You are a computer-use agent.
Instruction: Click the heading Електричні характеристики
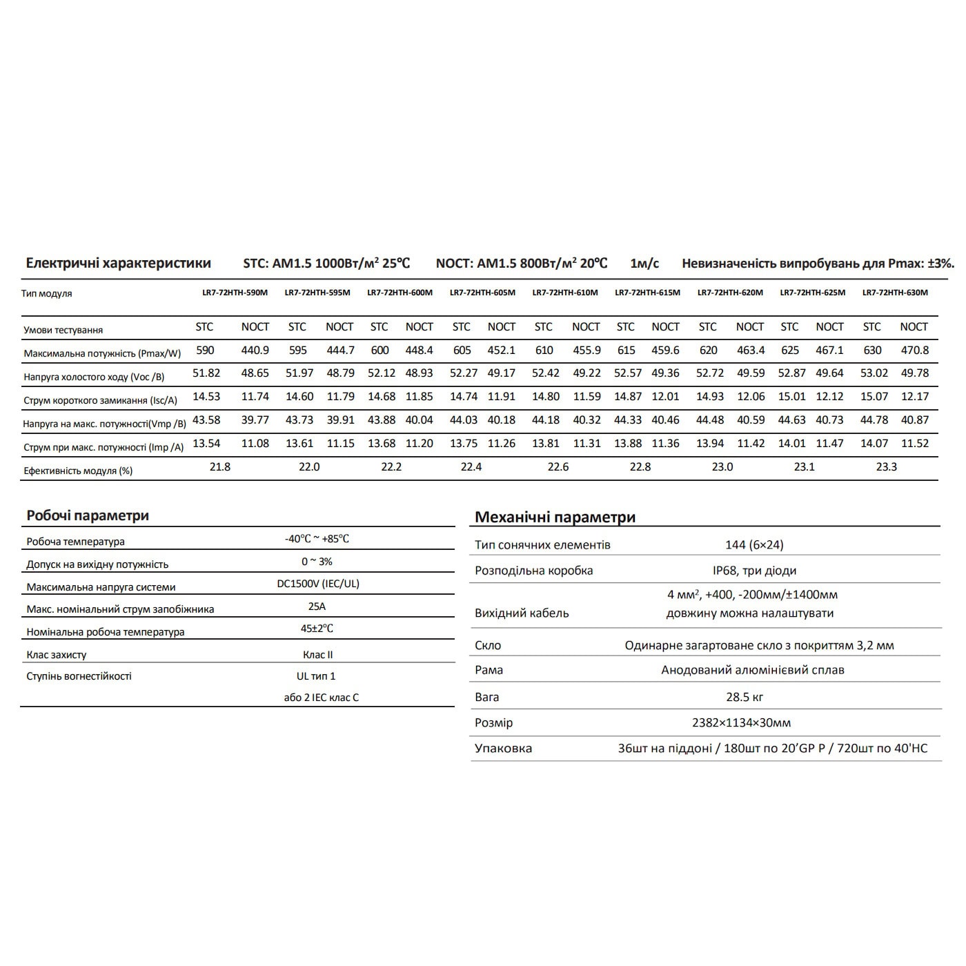pyautogui.click(x=118, y=263)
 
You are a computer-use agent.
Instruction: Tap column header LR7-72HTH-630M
pyautogui.click(x=895, y=293)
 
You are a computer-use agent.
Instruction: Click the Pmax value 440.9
pyautogui.click(x=255, y=350)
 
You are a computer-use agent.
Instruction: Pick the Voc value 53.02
pyautogui.click(x=873, y=373)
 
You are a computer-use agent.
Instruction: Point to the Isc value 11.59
pyautogui.click(x=586, y=397)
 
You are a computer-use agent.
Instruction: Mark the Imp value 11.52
pyautogui.click(x=914, y=443)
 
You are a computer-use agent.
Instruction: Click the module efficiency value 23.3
pyautogui.click(x=886, y=466)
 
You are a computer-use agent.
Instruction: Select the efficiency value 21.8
pyautogui.click(x=220, y=466)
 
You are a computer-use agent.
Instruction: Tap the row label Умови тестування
pyautogui.click(x=63, y=330)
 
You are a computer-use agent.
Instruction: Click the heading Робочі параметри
pyautogui.click(x=88, y=515)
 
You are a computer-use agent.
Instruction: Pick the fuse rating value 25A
pyautogui.click(x=317, y=607)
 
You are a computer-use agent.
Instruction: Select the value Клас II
pyautogui.click(x=317, y=654)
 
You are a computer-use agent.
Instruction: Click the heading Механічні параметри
pyautogui.click(x=555, y=517)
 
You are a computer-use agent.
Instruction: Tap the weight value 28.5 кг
pyautogui.click(x=745, y=697)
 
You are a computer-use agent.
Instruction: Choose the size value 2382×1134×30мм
pyautogui.click(x=741, y=723)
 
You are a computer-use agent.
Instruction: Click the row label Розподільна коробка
pyautogui.click(x=533, y=571)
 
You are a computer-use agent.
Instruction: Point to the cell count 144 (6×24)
pyautogui.click(x=754, y=544)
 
